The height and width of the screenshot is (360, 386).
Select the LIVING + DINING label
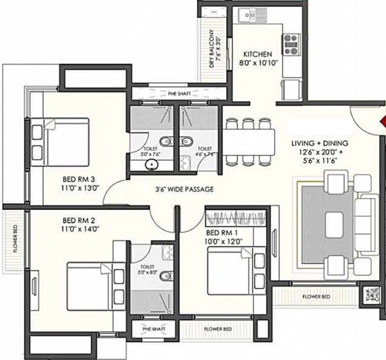coord(319,143)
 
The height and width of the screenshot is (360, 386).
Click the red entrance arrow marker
coord(382,121)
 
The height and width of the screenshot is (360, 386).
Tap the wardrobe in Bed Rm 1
coord(237,216)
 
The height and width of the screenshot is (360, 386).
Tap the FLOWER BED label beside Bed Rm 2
coord(15,239)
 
